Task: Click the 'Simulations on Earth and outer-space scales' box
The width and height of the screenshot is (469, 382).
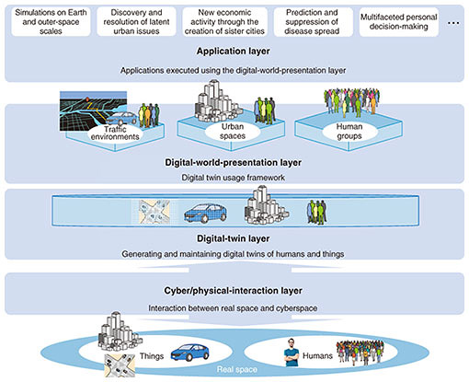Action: [51, 22]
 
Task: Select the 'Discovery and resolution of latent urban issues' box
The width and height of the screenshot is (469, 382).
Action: [136, 22]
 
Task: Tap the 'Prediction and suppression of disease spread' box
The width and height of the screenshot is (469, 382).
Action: [313, 22]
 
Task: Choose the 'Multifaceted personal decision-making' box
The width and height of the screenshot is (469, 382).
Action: [399, 22]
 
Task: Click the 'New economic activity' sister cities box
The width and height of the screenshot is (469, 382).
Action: [224, 22]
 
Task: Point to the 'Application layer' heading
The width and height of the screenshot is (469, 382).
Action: [234, 51]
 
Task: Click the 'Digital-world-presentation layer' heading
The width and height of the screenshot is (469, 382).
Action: [234, 162]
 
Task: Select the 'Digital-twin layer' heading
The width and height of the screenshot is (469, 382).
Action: [234, 238]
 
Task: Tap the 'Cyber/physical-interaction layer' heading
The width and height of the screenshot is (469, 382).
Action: [234, 291]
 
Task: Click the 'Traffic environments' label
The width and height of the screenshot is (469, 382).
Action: [115, 133]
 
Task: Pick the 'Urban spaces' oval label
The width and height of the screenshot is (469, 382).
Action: [233, 132]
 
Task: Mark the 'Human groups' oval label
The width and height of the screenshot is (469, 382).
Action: [349, 132]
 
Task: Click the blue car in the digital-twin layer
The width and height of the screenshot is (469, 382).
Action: [205, 213]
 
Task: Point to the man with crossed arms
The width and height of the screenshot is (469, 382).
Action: [291, 353]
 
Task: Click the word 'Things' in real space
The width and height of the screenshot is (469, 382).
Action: [152, 356]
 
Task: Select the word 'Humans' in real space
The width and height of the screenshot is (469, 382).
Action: [317, 355]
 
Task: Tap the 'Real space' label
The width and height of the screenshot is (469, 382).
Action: [237, 369]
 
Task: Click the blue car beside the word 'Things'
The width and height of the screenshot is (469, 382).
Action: [190, 353]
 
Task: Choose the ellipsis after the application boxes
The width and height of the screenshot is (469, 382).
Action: [453, 23]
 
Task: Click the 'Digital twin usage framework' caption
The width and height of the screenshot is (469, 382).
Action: [234, 178]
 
